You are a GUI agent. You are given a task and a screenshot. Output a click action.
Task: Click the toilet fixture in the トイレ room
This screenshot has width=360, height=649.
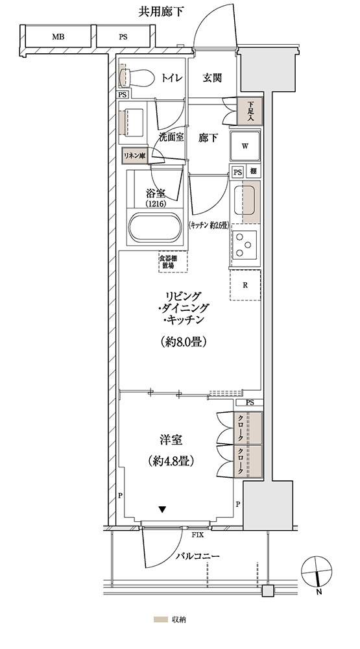134,77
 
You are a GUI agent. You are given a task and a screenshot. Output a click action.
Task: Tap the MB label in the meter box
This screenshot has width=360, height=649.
58,37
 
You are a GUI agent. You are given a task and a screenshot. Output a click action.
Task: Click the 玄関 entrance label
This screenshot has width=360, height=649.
212,77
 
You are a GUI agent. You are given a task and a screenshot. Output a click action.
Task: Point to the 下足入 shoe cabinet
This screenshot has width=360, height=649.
250,110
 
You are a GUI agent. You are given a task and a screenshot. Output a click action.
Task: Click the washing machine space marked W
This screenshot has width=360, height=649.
245,145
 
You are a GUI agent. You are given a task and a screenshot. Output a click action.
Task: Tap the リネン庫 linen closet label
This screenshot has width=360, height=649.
134,156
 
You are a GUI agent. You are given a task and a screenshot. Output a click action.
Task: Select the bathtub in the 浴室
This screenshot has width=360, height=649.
154,228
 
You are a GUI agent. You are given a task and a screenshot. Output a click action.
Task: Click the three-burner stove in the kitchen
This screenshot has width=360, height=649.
244,244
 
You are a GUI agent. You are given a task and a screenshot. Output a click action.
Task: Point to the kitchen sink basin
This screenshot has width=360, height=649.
245,200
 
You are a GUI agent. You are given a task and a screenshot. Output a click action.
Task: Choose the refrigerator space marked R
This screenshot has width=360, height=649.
245,285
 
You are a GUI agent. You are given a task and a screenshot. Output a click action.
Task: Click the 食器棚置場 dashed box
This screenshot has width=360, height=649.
173,261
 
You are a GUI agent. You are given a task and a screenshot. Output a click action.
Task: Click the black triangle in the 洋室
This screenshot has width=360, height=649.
163,509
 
